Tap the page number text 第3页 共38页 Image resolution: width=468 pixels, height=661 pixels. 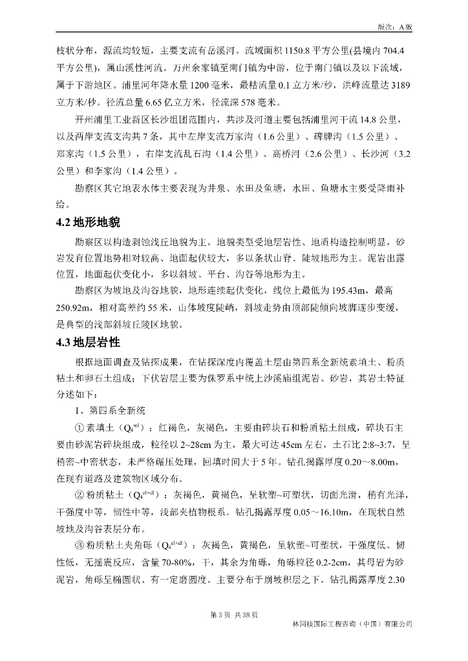click(x=234, y=614)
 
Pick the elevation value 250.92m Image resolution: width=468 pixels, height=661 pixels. click(x=72, y=307)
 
